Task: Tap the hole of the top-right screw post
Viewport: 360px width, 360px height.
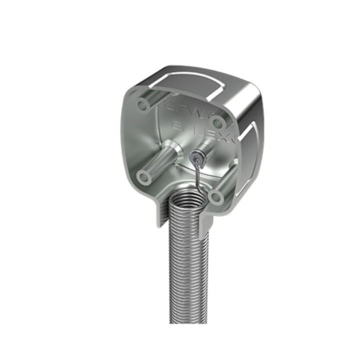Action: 217,121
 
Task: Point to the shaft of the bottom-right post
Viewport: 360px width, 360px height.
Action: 226,183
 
